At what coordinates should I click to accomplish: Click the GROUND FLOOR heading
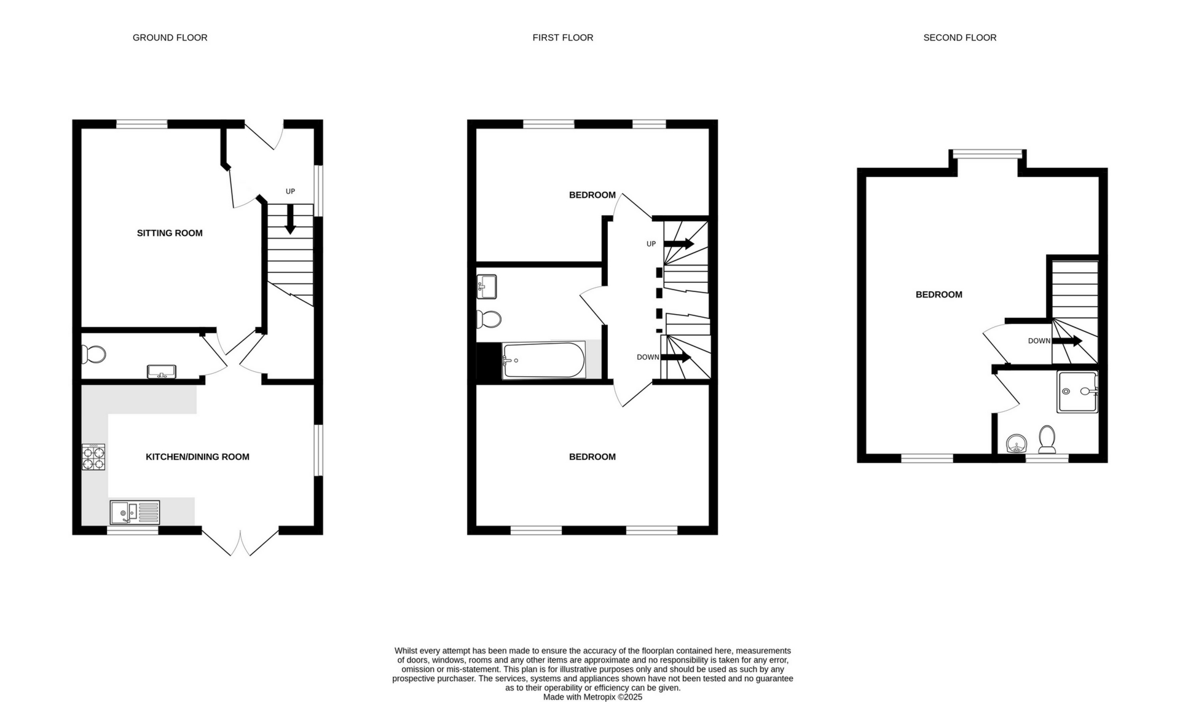pyautogui.click(x=170, y=37)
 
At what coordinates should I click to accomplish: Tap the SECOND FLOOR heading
pyautogui.click(x=959, y=37)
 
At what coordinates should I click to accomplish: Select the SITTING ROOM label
pyautogui.click(x=170, y=233)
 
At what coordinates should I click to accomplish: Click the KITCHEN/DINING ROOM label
pyautogui.click(x=197, y=457)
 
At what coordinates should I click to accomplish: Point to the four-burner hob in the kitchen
pyautogui.click(x=93, y=457)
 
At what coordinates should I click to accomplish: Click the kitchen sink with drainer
pyautogui.click(x=135, y=512)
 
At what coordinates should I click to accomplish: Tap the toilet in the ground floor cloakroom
pyautogui.click(x=93, y=354)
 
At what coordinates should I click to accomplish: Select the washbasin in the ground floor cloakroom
pyautogui.click(x=162, y=371)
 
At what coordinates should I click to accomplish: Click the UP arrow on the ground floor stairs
pyautogui.click(x=290, y=218)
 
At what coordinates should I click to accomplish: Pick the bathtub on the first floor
pyautogui.click(x=544, y=360)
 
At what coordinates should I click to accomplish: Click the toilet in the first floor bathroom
pyautogui.click(x=489, y=319)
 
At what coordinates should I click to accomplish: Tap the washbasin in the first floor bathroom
pyautogui.click(x=487, y=286)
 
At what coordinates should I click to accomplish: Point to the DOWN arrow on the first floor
pyautogui.click(x=675, y=357)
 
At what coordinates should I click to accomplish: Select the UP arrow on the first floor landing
pyautogui.click(x=678, y=244)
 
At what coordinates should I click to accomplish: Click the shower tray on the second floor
pyautogui.click(x=1077, y=392)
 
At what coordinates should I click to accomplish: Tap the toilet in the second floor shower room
pyautogui.click(x=1047, y=438)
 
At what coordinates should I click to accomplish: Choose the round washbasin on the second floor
pyautogui.click(x=1016, y=443)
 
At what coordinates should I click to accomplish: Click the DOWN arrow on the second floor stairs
pyautogui.click(x=1067, y=341)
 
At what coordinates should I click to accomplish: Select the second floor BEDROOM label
pyautogui.click(x=939, y=294)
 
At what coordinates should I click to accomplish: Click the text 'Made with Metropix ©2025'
pyautogui.click(x=592, y=697)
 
